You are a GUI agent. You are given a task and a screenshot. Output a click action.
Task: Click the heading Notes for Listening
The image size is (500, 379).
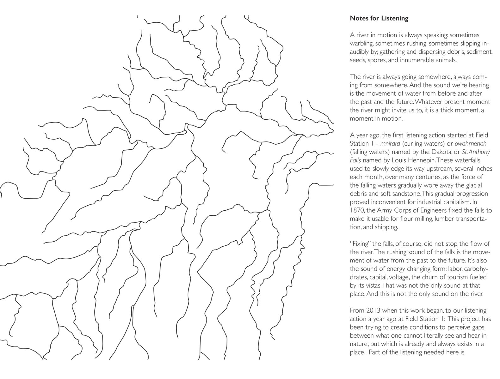pos(379,18)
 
